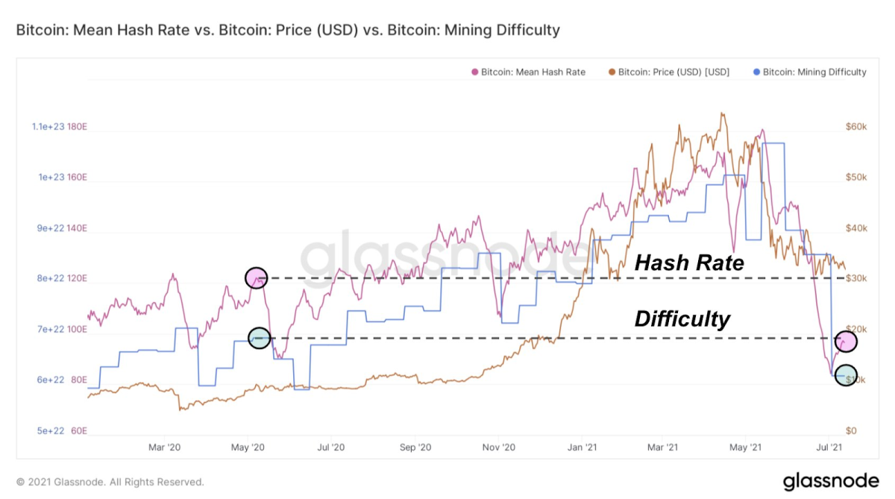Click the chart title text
click(x=288, y=31)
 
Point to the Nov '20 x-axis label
click(x=498, y=448)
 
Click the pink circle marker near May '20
click(x=256, y=277)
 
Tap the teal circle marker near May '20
click(x=259, y=338)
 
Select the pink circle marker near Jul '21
click(x=847, y=341)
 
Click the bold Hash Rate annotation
click(x=689, y=263)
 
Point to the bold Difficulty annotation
click(x=682, y=320)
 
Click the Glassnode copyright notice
click(x=110, y=482)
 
